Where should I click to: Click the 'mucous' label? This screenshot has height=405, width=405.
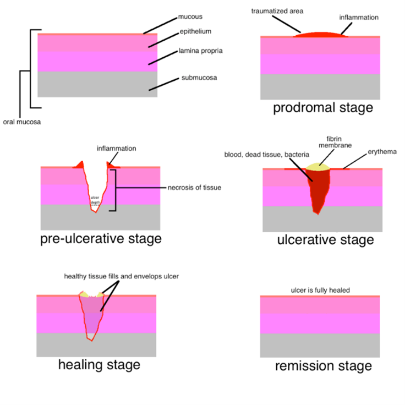coord(190,17)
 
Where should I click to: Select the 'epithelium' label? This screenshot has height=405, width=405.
coord(195,31)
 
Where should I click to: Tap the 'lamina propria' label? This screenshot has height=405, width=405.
coord(201,51)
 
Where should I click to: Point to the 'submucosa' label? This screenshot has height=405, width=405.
coord(199,78)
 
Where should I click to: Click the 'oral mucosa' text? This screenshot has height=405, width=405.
coord(22,122)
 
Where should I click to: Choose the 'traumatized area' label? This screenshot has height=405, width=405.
coord(277,11)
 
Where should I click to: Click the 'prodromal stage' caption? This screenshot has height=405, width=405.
coord(323,107)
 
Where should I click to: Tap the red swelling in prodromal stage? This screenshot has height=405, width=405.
coord(321,35)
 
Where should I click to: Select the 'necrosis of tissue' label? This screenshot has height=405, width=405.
coord(194,188)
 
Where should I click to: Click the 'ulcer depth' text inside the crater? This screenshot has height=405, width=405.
coord(95,200)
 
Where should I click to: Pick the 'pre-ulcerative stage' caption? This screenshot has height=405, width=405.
coord(101,238)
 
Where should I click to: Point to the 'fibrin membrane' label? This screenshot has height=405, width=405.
coord(335,142)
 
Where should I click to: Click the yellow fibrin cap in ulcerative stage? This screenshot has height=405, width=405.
coord(318,167)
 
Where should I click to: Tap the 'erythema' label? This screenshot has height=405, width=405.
coord(382,152)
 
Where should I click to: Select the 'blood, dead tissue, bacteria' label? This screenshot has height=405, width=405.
coord(267,155)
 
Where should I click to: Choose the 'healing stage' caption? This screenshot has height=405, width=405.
coord(99,365)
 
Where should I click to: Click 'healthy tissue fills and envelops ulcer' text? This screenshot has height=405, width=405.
coord(122,276)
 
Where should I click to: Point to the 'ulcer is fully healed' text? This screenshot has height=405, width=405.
coord(320,291)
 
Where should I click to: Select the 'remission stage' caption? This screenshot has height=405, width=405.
coord(324,366)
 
